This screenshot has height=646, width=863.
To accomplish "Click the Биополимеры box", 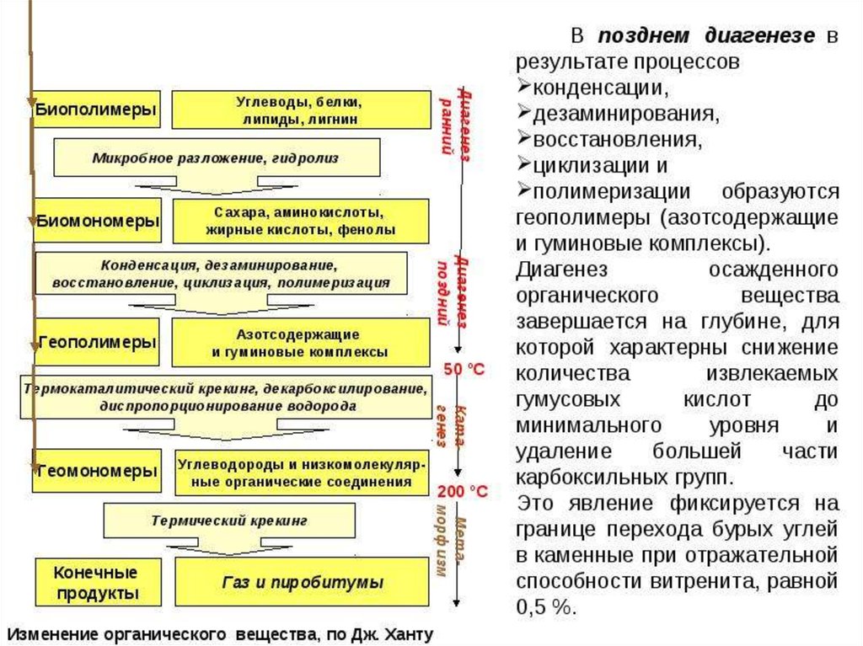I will pyautogui.click(x=96, y=109).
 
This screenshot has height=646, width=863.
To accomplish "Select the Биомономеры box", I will pyautogui.click(x=96, y=221).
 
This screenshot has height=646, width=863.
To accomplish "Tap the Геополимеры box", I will pyautogui.click(x=96, y=342).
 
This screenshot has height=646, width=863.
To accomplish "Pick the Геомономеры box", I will pyautogui.click(x=96, y=472).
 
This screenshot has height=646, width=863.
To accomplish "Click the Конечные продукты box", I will pyautogui.click(x=96, y=582).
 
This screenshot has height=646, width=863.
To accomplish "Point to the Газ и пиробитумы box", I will pyautogui.click(x=303, y=582).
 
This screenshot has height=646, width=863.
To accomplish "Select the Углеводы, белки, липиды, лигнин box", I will pyautogui.click(x=300, y=110).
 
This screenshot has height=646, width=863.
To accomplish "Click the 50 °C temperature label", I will pyautogui.click(x=464, y=369).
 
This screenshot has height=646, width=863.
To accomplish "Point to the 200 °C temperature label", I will pyautogui.click(x=463, y=491).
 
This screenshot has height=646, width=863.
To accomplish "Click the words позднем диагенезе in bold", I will pyautogui.click(x=706, y=36).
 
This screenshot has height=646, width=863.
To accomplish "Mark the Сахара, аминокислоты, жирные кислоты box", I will pyautogui.click(x=300, y=221).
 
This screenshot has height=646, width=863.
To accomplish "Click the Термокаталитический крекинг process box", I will pyautogui.click(x=226, y=397).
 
